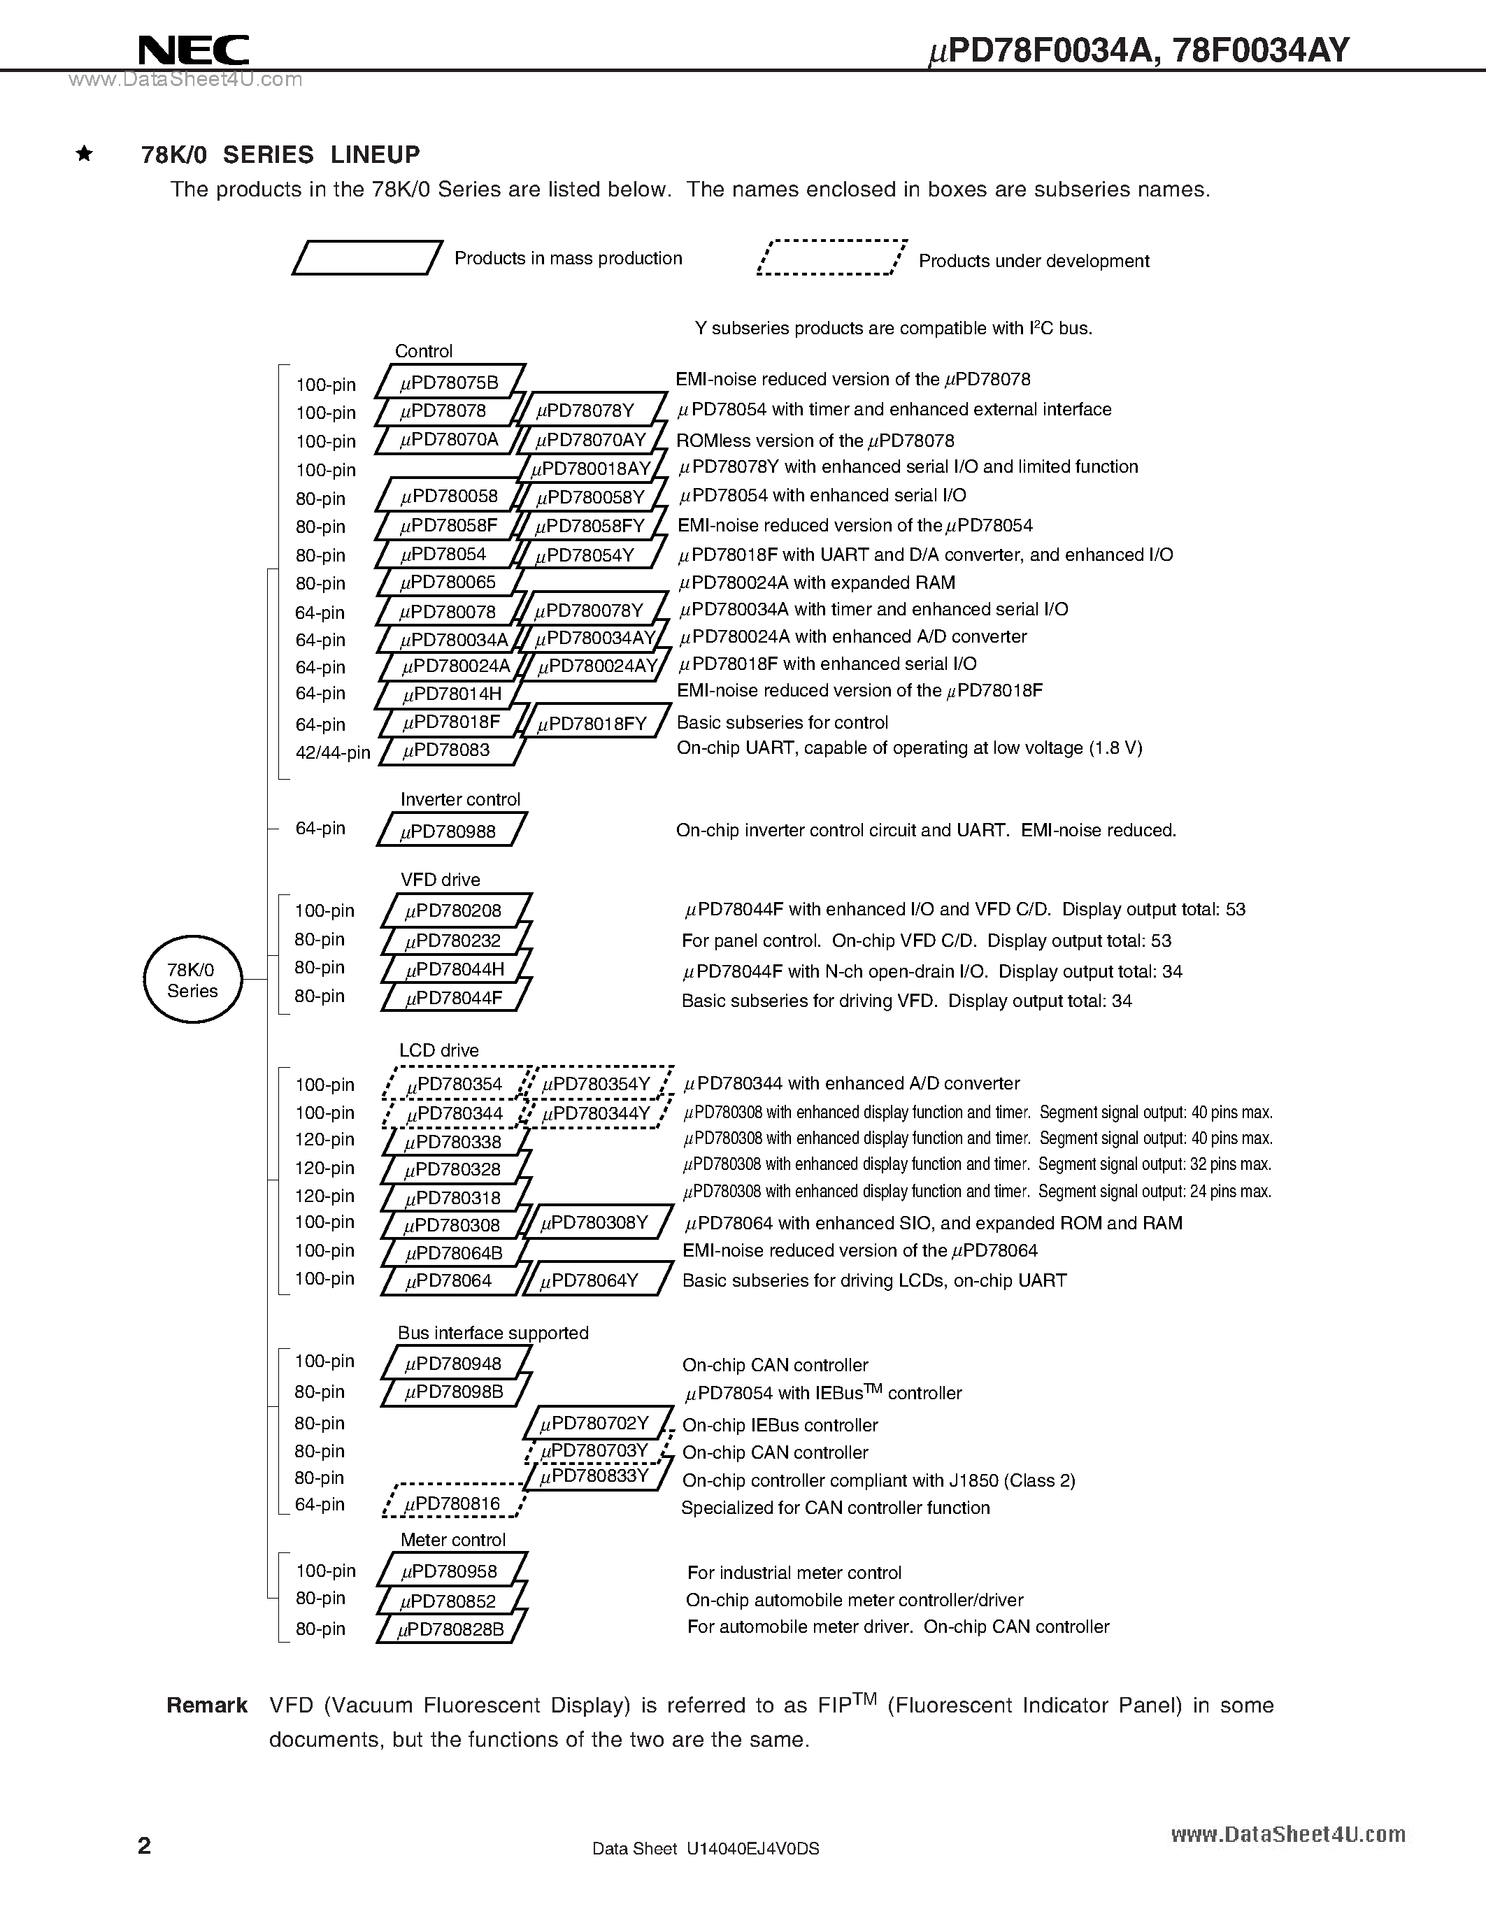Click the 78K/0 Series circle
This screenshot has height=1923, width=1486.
(192, 980)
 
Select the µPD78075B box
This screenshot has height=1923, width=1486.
(450, 382)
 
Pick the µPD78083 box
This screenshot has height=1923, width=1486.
(449, 750)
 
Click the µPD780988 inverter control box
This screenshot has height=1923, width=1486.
(451, 830)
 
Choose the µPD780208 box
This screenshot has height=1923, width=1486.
(456, 910)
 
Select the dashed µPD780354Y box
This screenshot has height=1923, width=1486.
(597, 1084)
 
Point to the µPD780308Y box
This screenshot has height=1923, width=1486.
(595, 1223)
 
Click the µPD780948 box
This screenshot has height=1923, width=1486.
(455, 1364)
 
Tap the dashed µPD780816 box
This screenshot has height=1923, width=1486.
(453, 1504)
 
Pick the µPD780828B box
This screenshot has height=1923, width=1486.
(452, 1629)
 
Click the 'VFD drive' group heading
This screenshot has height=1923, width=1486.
(440, 880)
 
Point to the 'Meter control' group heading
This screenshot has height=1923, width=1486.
(452, 1539)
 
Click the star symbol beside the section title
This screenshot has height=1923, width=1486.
(85, 154)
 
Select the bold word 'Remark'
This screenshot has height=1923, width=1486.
(207, 1706)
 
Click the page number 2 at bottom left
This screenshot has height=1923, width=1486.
(144, 1845)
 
